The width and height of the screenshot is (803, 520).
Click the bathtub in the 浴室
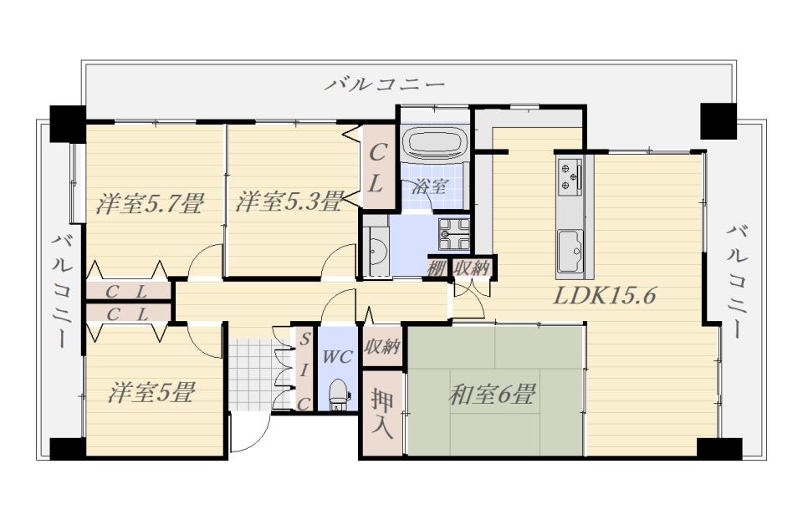coord(435,143)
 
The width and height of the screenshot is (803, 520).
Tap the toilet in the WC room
coord(337,394)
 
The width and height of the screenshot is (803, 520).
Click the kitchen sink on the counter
coord(570,252)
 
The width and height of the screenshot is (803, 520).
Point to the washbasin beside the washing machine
coord(378,250)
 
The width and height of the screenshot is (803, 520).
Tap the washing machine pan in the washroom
coord(453,234)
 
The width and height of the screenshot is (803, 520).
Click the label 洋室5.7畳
coord(150,203)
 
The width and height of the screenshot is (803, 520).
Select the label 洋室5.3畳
coord(289,201)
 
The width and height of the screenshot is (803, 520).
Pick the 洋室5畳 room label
coord(151,393)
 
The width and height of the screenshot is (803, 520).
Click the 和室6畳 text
coord(492,395)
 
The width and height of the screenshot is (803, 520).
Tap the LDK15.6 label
coord(604,296)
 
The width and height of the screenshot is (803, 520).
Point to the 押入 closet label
coord(382,413)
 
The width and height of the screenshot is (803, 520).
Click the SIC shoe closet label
coord(304,370)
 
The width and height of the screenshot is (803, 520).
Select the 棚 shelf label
coord(436,268)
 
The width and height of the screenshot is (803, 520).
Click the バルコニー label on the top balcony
coord(384,84)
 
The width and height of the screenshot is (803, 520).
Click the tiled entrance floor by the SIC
coord(253,375)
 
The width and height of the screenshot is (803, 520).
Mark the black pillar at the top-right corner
coord(718,121)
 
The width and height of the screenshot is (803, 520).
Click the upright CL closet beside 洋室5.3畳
coord(378,167)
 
